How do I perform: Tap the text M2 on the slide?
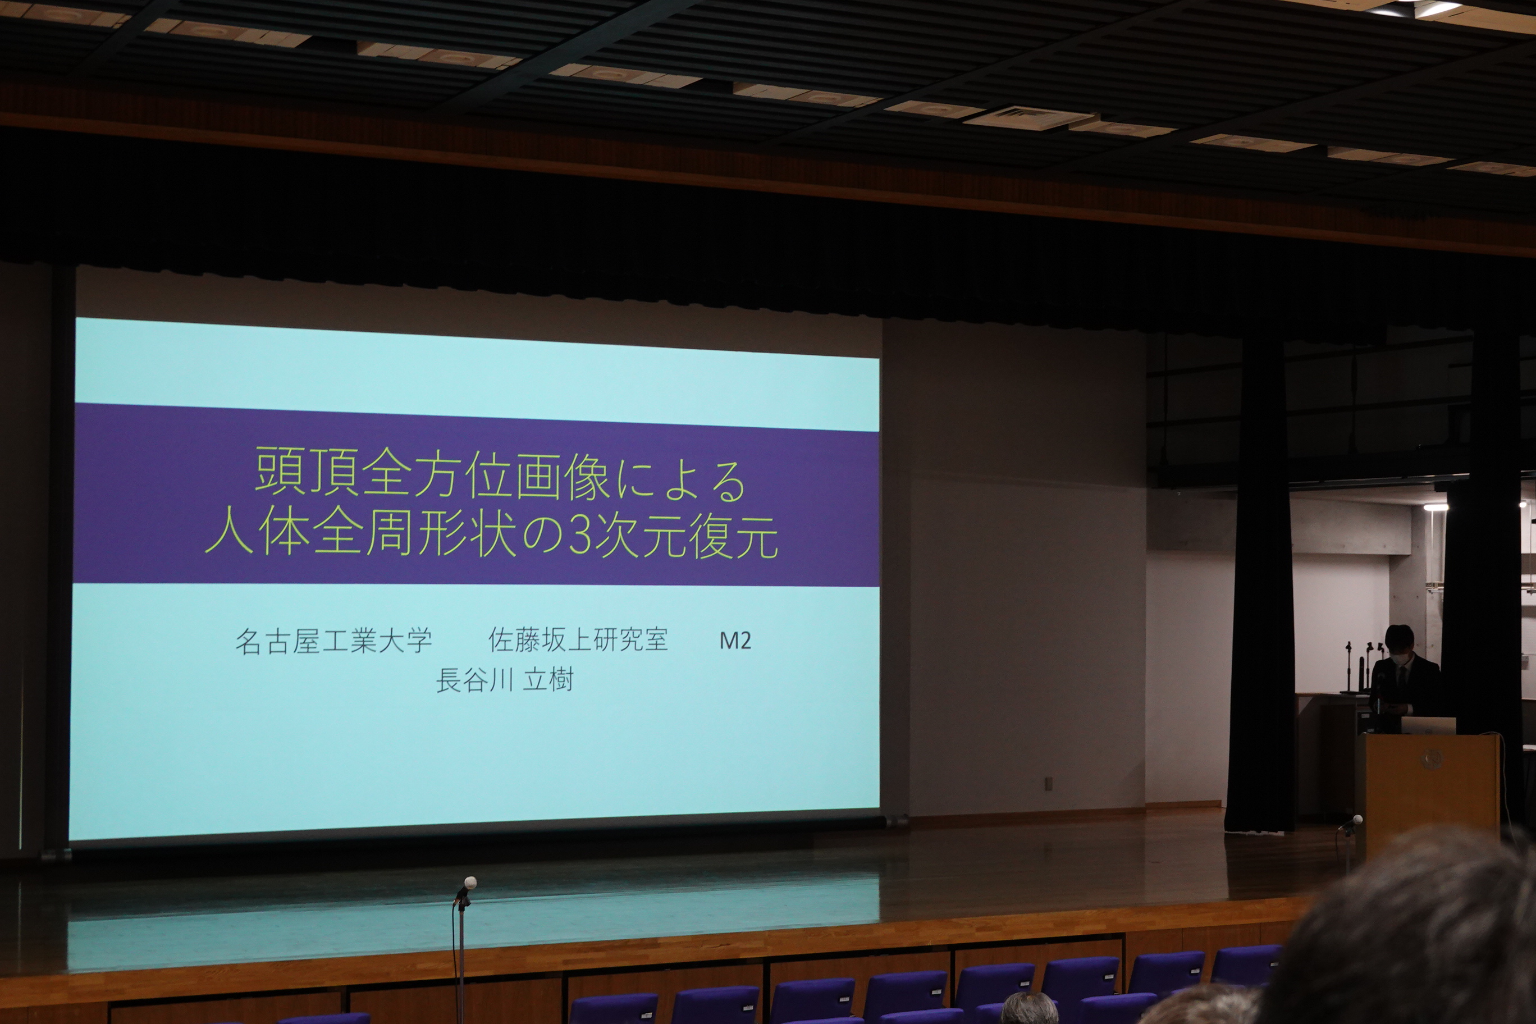(735, 641)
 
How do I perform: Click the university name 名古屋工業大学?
(333, 641)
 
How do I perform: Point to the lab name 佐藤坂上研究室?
(578, 640)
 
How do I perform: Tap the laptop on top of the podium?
(1428, 725)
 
